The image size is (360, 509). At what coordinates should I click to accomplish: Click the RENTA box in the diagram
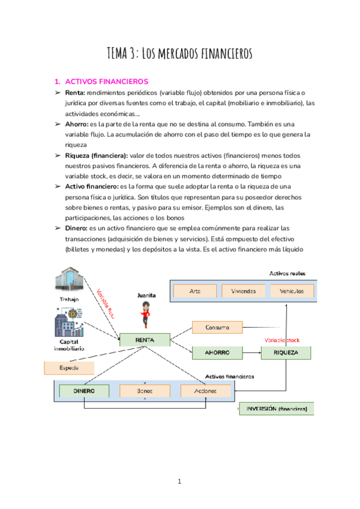tap(145, 340)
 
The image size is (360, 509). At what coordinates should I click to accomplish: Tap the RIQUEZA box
tap(286, 352)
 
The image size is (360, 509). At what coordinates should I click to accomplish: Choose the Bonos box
tap(145, 391)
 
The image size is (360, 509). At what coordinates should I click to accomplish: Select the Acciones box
tap(205, 391)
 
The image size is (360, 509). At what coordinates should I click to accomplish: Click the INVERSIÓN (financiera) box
tap(277, 409)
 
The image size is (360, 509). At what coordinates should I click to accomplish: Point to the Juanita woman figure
tap(146, 313)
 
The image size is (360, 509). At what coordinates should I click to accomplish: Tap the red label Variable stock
tap(286, 340)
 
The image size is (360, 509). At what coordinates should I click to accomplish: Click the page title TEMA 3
tap(179, 53)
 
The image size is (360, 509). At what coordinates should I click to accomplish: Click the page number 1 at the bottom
tap(179, 481)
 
